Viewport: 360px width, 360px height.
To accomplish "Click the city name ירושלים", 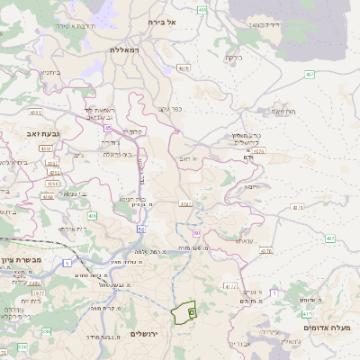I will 144,334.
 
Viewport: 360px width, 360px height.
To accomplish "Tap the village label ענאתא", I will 245,241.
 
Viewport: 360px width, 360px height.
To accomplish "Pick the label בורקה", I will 233,57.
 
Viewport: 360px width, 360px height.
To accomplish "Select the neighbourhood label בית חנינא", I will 132,199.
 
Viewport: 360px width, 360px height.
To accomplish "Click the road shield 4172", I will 230,287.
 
